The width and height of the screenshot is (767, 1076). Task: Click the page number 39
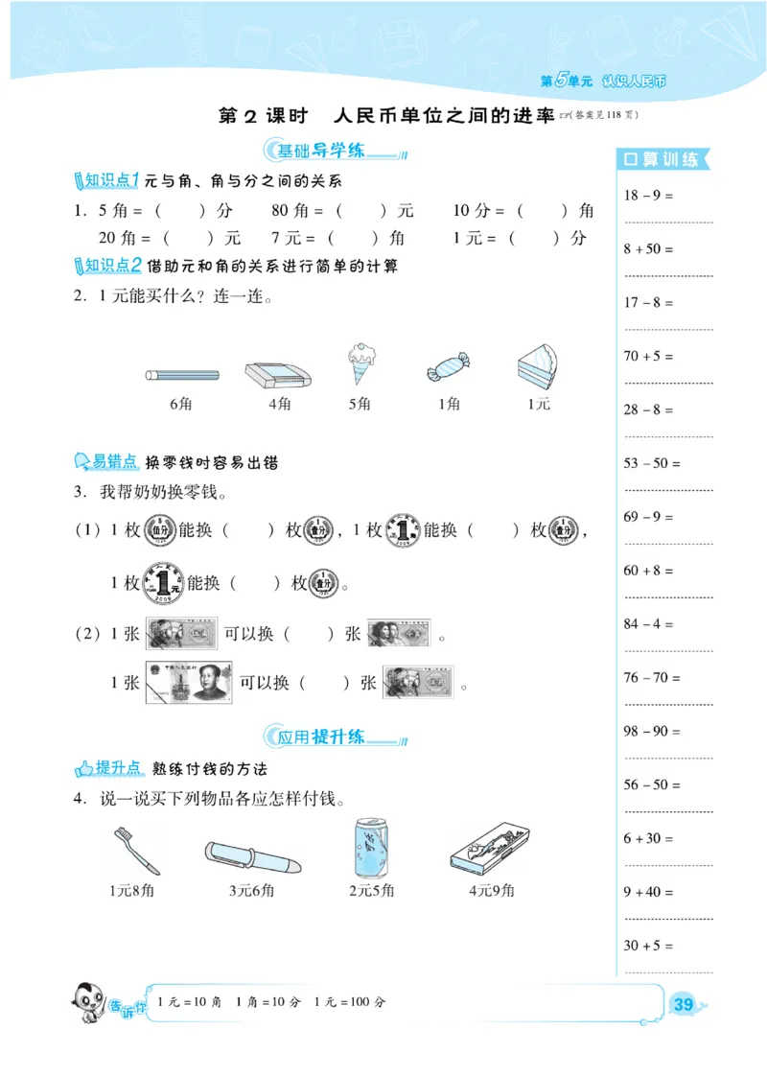point(684,1004)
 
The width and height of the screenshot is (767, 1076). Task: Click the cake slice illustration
point(538,366)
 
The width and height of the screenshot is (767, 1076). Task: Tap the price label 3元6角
point(251,891)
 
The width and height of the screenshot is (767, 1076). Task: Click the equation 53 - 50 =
point(652,463)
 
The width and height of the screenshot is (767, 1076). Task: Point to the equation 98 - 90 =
point(652,731)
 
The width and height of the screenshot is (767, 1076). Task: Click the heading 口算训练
point(661,160)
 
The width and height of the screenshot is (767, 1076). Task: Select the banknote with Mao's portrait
point(189,682)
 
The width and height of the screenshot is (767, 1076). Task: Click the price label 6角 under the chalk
point(181,405)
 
